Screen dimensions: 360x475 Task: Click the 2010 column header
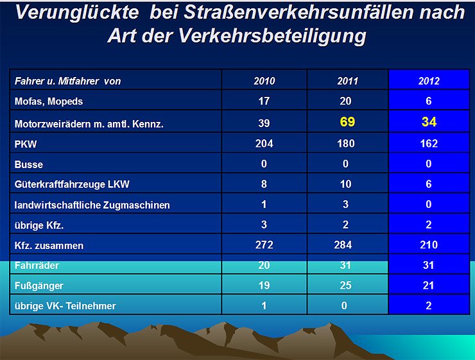[x=264, y=81]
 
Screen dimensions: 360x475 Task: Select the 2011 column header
[x=347, y=81]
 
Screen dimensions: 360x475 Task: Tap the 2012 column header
[x=429, y=81]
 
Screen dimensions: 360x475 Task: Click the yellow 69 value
[x=347, y=121]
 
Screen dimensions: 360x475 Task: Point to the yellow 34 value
[x=429, y=121]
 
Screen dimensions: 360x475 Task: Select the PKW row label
[x=26, y=144]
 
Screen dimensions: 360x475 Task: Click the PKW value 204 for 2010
[x=264, y=143]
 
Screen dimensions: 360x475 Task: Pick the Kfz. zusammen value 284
[x=346, y=244]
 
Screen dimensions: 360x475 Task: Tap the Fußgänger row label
[x=39, y=285]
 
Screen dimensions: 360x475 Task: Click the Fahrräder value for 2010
[x=264, y=264]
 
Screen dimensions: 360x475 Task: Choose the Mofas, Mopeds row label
[x=49, y=101]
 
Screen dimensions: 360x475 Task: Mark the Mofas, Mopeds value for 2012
[x=429, y=101]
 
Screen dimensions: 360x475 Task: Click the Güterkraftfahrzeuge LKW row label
[x=72, y=185]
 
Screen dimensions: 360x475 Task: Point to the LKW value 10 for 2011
[x=346, y=184]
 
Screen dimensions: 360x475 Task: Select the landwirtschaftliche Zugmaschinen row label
[x=92, y=205]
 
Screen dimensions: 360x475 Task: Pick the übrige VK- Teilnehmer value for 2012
[x=429, y=305]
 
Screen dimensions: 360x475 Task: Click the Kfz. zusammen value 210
[x=429, y=244]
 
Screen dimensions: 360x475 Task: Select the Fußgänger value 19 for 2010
[x=264, y=285]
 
